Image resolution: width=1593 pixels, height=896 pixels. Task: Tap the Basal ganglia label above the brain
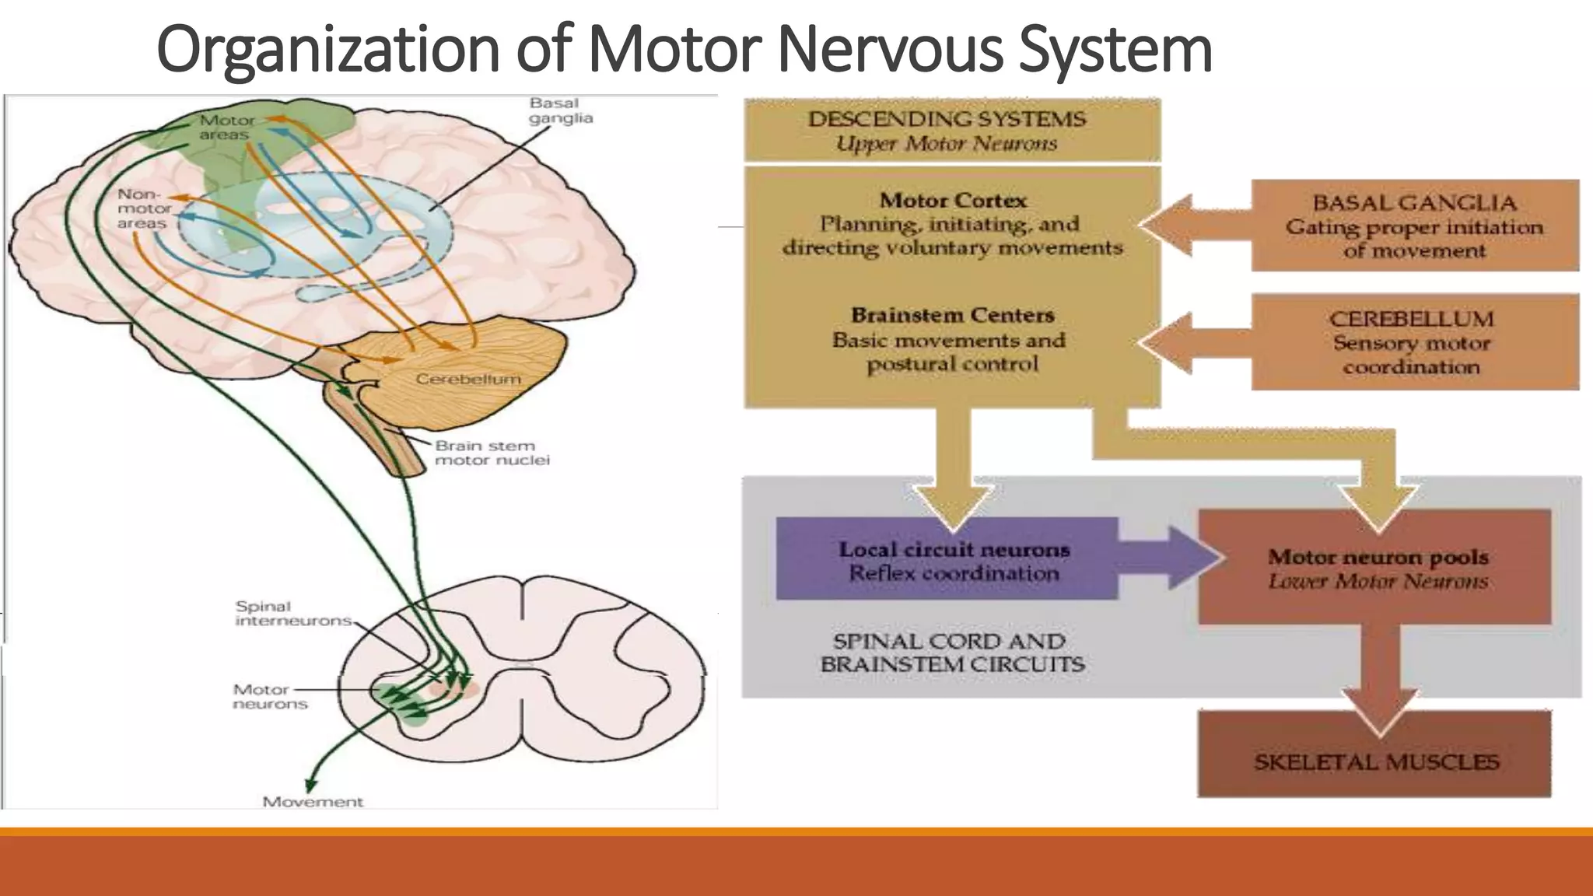point(560,110)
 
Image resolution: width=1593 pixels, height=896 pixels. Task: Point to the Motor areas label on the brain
point(226,128)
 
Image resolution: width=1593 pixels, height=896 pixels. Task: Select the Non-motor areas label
point(143,208)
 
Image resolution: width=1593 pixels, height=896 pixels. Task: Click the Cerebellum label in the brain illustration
point(467,379)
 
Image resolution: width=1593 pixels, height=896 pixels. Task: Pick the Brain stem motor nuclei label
point(492,453)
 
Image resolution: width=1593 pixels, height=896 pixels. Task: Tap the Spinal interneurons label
point(292,613)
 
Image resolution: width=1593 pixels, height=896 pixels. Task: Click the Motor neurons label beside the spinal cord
point(270,696)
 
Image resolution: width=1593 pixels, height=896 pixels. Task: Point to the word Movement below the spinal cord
point(313,801)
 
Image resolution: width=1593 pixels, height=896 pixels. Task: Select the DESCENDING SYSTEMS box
point(951,131)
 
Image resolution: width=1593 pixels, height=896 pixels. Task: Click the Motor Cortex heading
point(953,200)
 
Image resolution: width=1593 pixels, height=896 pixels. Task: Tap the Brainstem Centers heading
point(952,315)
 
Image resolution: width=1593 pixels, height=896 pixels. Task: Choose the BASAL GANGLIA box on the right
point(1414,226)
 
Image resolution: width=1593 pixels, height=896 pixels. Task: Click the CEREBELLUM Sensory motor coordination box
point(1414,342)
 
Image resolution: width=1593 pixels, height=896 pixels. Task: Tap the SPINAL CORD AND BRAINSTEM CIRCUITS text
point(951,653)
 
